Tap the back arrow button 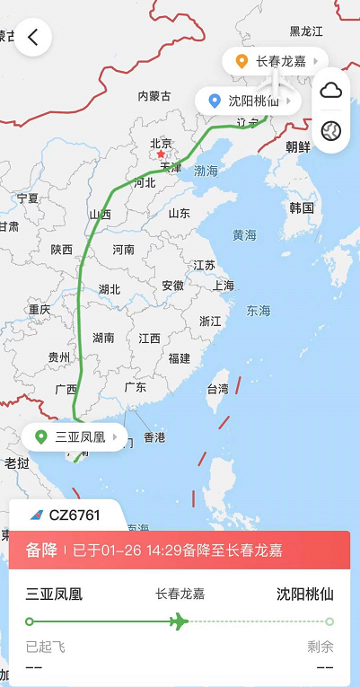click(x=33, y=37)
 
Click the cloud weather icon click(x=331, y=90)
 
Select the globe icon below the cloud click(x=331, y=130)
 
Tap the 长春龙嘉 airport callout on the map click(x=274, y=61)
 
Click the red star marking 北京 click(x=161, y=154)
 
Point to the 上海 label click(x=224, y=286)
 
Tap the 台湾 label click(x=218, y=389)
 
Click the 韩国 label click(x=302, y=207)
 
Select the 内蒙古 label click(x=154, y=96)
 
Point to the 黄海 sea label click(x=244, y=235)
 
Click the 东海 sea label click(x=259, y=311)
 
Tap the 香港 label click(x=154, y=437)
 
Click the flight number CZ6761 click(x=75, y=515)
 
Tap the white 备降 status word click(x=41, y=550)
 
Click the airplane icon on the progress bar click(x=179, y=621)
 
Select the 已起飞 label click(x=46, y=647)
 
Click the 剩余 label click(x=320, y=647)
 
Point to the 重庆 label click(x=40, y=309)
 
